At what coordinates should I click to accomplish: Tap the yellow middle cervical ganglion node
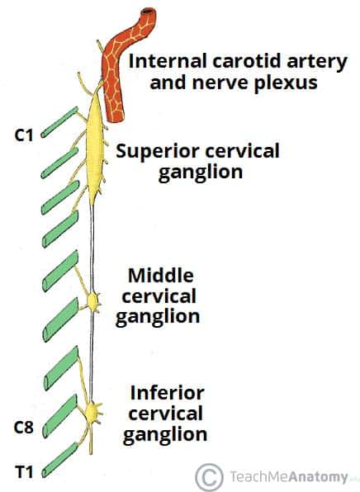93,303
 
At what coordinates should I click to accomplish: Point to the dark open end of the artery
149,14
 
